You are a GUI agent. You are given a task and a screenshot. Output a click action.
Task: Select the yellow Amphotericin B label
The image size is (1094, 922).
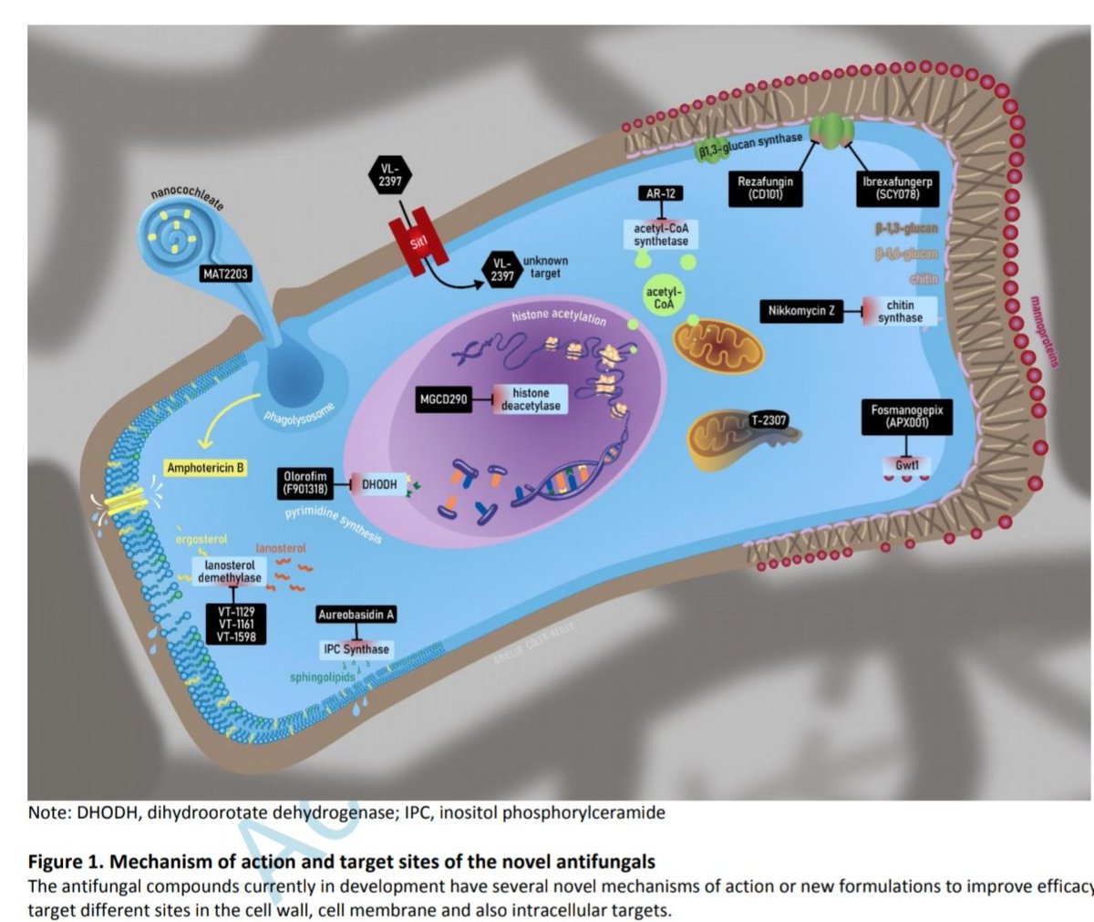pos(206,468)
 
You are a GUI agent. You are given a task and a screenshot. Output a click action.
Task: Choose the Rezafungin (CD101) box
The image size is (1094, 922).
pos(766,188)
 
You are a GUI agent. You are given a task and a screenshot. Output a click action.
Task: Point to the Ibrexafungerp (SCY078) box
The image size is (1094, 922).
pos(898,188)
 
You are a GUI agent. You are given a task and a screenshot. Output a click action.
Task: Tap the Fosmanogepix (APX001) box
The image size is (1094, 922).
pos(907,417)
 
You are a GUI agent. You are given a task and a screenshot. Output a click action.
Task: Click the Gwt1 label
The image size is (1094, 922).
pos(906,464)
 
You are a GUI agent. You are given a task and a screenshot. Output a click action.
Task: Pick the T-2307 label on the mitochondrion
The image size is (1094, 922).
pos(769,420)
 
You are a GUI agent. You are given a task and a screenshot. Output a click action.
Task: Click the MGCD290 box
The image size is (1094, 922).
pos(449,399)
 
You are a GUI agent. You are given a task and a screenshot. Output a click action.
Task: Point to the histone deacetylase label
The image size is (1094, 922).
pos(531,399)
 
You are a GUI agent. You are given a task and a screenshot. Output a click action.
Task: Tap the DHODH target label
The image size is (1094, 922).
pos(379,484)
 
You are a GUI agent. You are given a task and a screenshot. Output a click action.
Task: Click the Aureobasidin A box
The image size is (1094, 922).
pos(356,615)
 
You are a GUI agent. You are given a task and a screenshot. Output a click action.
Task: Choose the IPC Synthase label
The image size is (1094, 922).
pos(356,649)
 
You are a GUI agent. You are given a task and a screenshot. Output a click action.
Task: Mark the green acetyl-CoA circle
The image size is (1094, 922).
pos(664,297)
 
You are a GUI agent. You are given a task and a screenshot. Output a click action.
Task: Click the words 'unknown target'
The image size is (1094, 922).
pos(545,267)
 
